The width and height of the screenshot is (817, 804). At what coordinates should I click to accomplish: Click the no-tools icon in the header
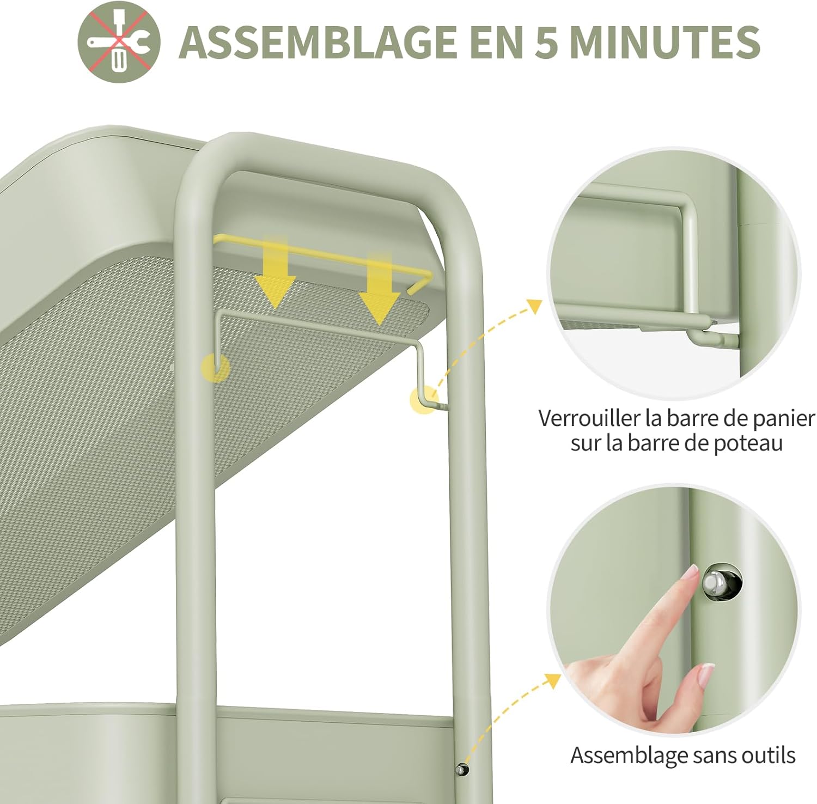click(119, 42)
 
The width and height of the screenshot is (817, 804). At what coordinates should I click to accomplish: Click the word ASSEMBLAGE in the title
click(318, 41)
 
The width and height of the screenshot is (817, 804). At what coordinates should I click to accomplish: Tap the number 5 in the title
click(546, 42)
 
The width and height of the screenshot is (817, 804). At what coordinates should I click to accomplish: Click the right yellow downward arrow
click(379, 288)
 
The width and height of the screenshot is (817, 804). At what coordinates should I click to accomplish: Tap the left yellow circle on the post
click(216, 368)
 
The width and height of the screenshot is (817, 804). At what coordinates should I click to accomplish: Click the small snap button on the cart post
click(462, 770)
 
